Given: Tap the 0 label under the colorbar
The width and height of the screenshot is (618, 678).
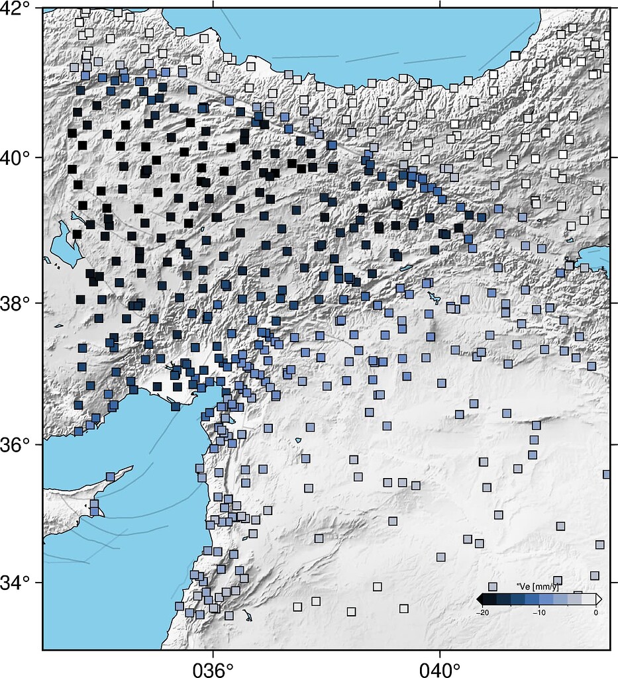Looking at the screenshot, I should [x=596, y=612].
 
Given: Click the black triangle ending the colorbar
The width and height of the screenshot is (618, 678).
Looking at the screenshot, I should [x=480, y=599].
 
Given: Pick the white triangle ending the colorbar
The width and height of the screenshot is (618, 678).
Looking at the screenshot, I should [x=599, y=599].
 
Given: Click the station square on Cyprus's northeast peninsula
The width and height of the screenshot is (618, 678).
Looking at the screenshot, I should [x=111, y=476].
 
